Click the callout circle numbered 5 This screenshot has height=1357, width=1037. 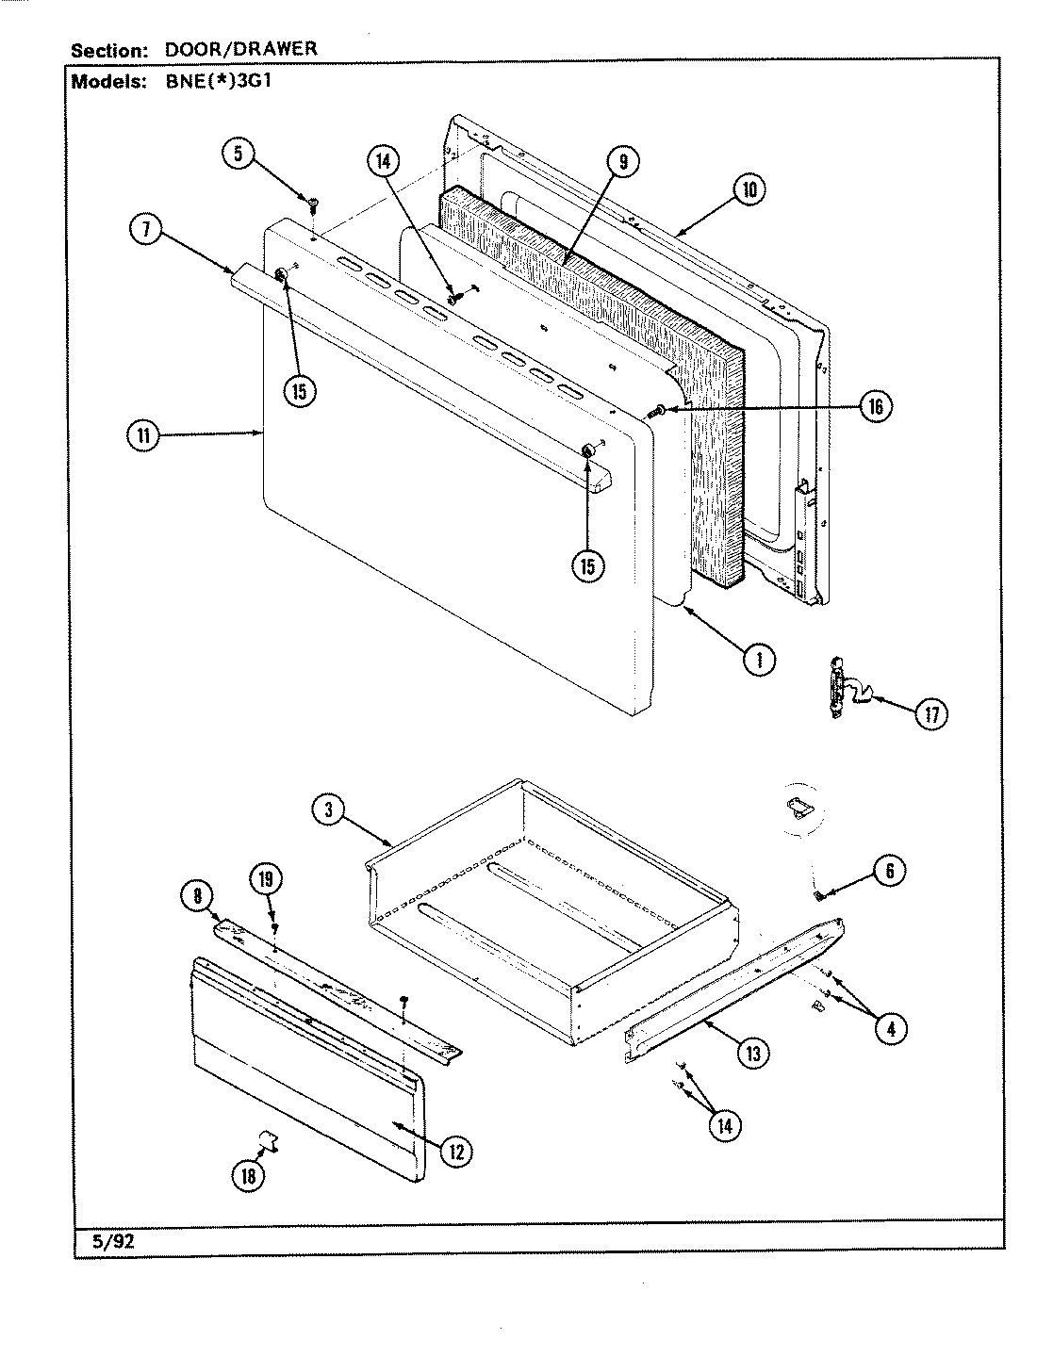[x=239, y=154]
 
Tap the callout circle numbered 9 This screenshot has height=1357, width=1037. [x=622, y=162]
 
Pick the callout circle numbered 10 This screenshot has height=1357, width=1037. [x=749, y=190]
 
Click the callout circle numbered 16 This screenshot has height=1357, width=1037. [x=876, y=407]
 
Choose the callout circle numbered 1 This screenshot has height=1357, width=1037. [x=759, y=659]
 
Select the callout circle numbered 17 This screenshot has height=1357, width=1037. [x=930, y=714]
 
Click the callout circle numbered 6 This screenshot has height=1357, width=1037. [x=888, y=871]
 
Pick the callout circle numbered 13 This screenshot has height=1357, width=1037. [x=752, y=1053]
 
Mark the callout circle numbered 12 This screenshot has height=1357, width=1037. [x=455, y=1151]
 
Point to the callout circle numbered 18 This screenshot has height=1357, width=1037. [x=248, y=1175]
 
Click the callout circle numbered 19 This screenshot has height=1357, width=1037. [x=266, y=880]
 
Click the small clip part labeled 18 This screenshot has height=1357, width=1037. [x=272, y=1141]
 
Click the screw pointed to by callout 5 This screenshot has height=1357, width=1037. [x=313, y=202]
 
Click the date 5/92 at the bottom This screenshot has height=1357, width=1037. [x=113, y=1242]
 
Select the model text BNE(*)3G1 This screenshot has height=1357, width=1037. [x=215, y=80]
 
